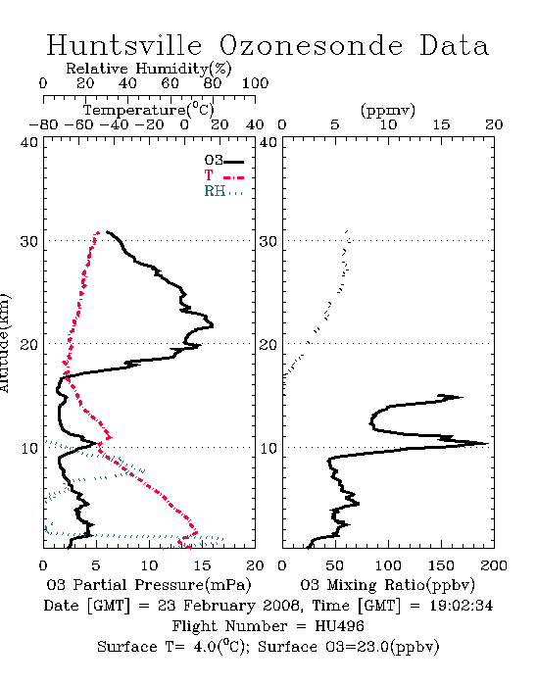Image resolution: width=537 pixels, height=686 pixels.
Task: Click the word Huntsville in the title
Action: pyautogui.click(x=124, y=45)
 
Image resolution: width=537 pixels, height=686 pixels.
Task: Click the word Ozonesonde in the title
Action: pyautogui.click(x=311, y=45)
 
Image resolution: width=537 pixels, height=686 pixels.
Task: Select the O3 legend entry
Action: pyautogui.click(x=223, y=161)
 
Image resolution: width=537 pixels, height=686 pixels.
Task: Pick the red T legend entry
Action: pyautogui.click(x=223, y=175)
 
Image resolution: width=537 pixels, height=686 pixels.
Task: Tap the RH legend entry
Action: pyautogui.click(x=223, y=191)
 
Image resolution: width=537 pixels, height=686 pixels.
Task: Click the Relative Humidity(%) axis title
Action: pyautogui.click(x=149, y=69)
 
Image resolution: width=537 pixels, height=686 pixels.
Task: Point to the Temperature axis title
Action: pyautogui.click(x=149, y=110)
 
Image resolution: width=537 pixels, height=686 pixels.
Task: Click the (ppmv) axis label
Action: pyautogui.click(x=388, y=110)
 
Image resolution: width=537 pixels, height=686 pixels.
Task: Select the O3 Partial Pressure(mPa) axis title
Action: pyautogui.click(x=149, y=585)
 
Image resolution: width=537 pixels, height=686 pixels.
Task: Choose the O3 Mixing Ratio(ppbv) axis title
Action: pyautogui.click(x=387, y=585)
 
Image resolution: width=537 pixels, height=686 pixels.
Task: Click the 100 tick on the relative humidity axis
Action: pyautogui.click(x=255, y=83)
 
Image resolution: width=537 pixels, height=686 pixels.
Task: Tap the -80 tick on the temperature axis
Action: pyautogui.click(x=43, y=124)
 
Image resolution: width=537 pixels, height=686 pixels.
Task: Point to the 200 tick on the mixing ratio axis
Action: pyautogui.click(x=494, y=565)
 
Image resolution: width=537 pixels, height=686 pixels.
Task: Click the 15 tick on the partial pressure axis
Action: pyautogui.click(x=202, y=565)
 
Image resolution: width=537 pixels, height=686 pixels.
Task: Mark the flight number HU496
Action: pyautogui.click(x=339, y=626)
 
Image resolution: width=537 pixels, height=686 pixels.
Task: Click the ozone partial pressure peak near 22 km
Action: pyautogui.click(x=213, y=325)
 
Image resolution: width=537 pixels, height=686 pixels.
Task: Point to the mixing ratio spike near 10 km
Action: pyautogui.click(x=487, y=444)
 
